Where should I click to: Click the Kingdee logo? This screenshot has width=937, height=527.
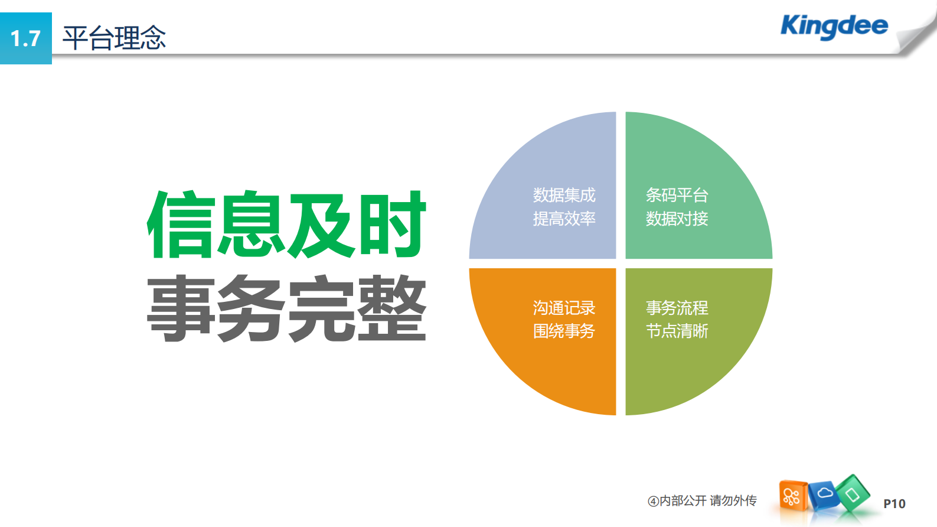pos(834,26)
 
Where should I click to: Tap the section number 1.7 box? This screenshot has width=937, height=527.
pos(25,38)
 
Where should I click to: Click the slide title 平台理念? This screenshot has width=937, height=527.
pos(114,38)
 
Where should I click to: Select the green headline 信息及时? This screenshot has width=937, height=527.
pos(286,225)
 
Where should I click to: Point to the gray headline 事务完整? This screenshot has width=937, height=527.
pos(286,308)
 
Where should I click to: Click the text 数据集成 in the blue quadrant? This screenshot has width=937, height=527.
pos(564,195)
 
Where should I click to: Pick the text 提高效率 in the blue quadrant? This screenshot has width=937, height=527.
pos(564,219)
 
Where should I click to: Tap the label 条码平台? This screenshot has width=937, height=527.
pos(677,195)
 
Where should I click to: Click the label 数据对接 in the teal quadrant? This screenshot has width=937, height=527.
pos(677,219)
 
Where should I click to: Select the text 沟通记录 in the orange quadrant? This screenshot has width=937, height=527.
pos(564,308)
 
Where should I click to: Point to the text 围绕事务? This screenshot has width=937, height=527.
pos(564,331)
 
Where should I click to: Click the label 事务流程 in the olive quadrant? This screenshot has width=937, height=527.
pos(677,308)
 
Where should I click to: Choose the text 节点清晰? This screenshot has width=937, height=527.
pos(677,331)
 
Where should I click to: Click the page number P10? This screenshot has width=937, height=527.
pos(894,504)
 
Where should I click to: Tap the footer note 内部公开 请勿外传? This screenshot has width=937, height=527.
pos(703,501)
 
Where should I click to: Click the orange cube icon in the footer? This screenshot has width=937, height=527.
pos(792,496)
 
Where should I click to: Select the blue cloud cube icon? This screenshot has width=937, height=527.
pos(824,493)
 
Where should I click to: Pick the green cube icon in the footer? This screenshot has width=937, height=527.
pos(853,493)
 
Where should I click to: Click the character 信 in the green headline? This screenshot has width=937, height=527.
pos(180,225)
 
